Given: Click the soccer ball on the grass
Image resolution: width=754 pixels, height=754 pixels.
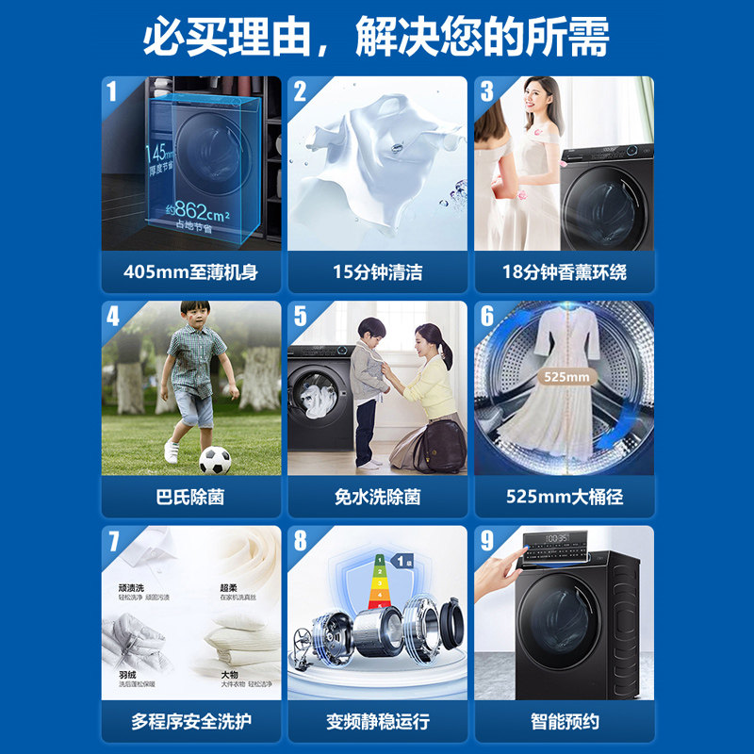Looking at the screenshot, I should coord(215,459).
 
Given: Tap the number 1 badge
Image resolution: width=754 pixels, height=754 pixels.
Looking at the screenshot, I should coord(112,91).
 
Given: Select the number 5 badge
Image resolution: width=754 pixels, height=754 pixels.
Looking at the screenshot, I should coord(300,316).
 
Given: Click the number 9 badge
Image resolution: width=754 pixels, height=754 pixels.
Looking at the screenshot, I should coord(487,541).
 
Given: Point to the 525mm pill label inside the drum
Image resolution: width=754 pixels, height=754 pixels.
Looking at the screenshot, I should coord(565,377).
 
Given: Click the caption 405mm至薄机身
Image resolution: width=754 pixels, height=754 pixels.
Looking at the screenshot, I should coord(190,272).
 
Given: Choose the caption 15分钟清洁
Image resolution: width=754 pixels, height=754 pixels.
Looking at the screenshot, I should coord(377,272).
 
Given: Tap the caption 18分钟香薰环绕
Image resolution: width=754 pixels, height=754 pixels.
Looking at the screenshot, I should coord(564,272).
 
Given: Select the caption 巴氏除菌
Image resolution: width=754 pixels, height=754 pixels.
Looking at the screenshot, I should coord(190,497).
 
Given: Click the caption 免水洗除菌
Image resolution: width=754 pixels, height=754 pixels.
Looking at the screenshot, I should coord(377,497).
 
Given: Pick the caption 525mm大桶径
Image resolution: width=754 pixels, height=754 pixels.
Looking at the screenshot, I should coord(564,497).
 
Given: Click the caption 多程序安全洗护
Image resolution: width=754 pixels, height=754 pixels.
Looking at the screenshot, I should coord(190,722).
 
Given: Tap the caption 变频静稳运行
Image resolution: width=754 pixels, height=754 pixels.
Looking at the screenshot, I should coord(377,722).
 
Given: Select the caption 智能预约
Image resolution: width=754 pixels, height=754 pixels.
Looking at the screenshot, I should coord(564,722).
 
